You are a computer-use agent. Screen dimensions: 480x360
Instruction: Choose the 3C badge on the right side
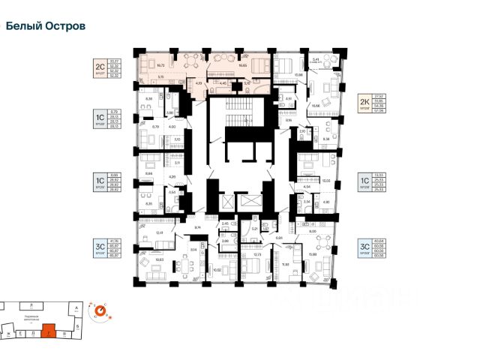[366, 246]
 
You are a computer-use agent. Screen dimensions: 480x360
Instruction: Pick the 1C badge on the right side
[365, 182]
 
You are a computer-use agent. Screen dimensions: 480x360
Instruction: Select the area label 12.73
[257, 254]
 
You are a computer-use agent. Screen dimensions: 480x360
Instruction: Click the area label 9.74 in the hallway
[196, 226]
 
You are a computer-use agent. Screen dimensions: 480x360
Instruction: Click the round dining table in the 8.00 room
[318, 241]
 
